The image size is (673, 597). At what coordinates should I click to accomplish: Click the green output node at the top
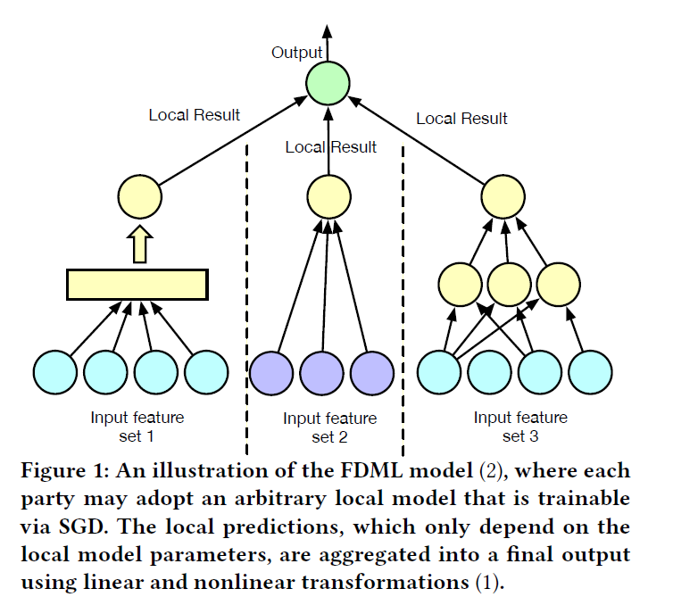click(328, 84)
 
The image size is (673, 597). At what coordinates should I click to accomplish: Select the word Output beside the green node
click(295, 54)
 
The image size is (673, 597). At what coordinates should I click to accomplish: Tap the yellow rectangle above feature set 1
click(137, 283)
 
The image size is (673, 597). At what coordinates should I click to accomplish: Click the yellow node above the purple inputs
click(328, 195)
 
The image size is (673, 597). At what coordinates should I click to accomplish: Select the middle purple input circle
click(322, 374)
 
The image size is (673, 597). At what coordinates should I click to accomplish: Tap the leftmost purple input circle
click(272, 374)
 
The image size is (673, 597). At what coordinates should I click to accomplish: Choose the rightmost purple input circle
click(372, 374)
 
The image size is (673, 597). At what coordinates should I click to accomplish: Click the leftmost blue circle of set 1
click(56, 374)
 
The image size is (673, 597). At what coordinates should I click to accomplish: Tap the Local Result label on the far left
click(194, 114)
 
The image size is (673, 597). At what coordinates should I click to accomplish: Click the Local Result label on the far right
click(461, 119)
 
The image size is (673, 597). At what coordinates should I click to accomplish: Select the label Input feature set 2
click(329, 427)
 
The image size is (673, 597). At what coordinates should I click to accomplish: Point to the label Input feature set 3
click(520, 427)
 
